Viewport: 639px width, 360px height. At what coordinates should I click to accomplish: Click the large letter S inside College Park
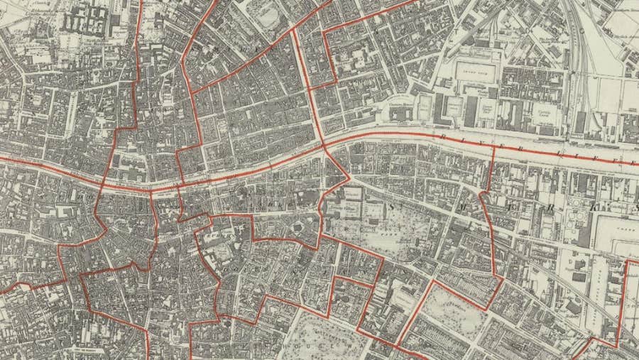pos(390,206)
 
